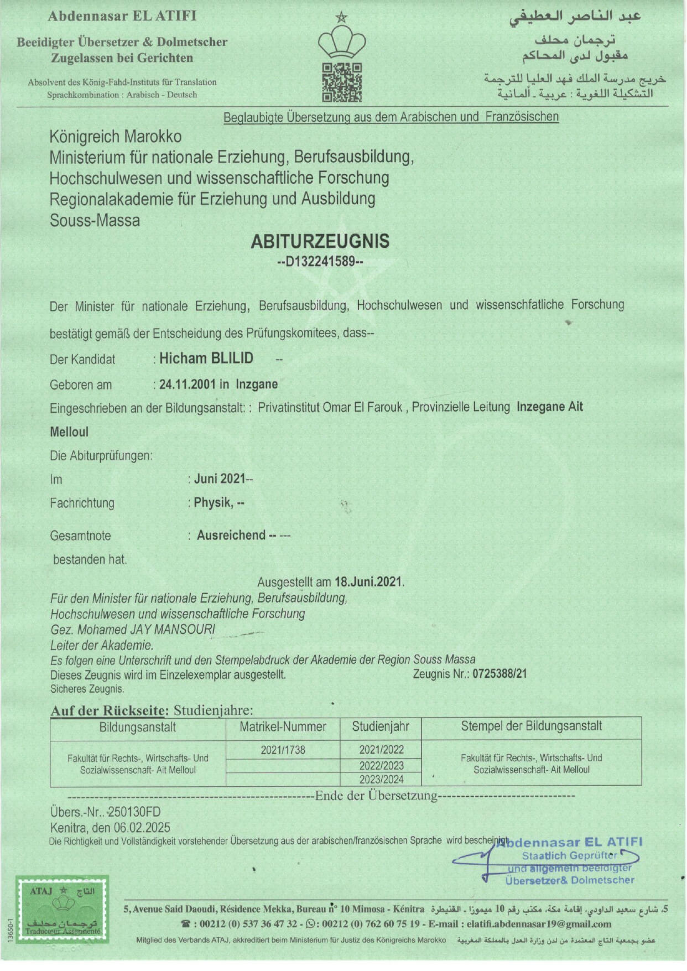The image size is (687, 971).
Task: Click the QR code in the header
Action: pyautogui.click(x=342, y=82)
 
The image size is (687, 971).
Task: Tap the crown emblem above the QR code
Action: pyautogui.click(x=342, y=42)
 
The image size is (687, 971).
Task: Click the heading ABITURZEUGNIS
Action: pyautogui.click(x=320, y=241)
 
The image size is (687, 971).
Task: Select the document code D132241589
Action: pyautogui.click(x=320, y=261)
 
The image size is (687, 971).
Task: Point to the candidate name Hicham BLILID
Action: pyautogui.click(x=206, y=359)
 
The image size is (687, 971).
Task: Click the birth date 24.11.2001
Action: pyautogui.click(x=187, y=385)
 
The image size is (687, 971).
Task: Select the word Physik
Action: pyautogui.click(x=212, y=503)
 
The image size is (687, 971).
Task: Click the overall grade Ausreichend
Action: pyautogui.click(x=231, y=536)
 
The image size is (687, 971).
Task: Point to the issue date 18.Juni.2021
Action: pyautogui.click(x=368, y=582)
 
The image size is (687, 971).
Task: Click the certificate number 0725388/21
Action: pyautogui.click(x=499, y=674)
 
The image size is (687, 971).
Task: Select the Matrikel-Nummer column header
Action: pyautogui.click(x=283, y=727)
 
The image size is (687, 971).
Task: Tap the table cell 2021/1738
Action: pyautogui.click(x=283, y=750)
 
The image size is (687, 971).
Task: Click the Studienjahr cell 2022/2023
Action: pyautogui.click(x=381, y=766)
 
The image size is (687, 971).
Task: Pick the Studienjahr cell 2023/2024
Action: pyautogui.click(x=381, y=779)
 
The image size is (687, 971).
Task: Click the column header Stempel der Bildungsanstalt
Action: pyautogui.click(x=531, y=726)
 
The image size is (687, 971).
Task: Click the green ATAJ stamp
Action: pyautogui.click(x=62, y=908)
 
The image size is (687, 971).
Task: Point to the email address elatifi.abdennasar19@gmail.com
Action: pyautogui.click(x=539, y=923)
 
